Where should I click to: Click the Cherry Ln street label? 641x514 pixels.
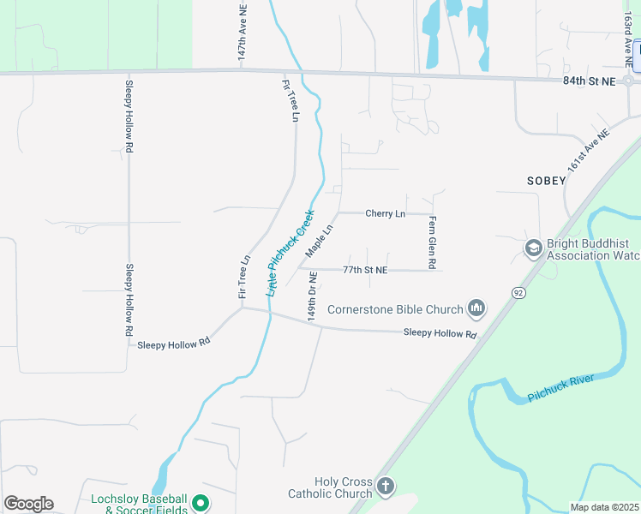(385, 213)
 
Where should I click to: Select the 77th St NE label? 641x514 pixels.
(365, 270)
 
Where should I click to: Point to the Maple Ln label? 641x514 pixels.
(318, 241)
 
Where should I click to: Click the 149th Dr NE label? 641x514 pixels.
(313, 296)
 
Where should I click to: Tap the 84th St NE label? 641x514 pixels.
(590, 81)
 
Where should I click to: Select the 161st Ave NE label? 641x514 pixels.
(588, 150)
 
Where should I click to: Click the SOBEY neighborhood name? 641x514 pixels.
(547, 181)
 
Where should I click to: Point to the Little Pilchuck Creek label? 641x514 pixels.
(291, 253)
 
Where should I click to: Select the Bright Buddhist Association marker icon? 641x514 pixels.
(532, 248)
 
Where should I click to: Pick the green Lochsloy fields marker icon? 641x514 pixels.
(200, 504)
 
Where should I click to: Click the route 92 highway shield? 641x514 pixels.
(518, 292)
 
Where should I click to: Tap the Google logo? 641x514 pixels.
(28, 504)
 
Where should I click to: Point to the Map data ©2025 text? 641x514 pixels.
(604, 507)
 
